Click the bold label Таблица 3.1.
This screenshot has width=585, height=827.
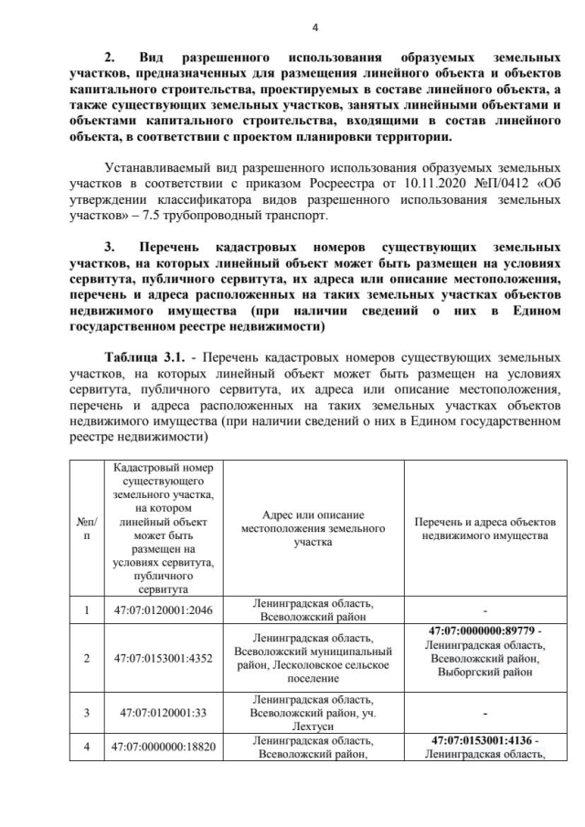[143, 355]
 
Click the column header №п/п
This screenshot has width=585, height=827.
[86, 528]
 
